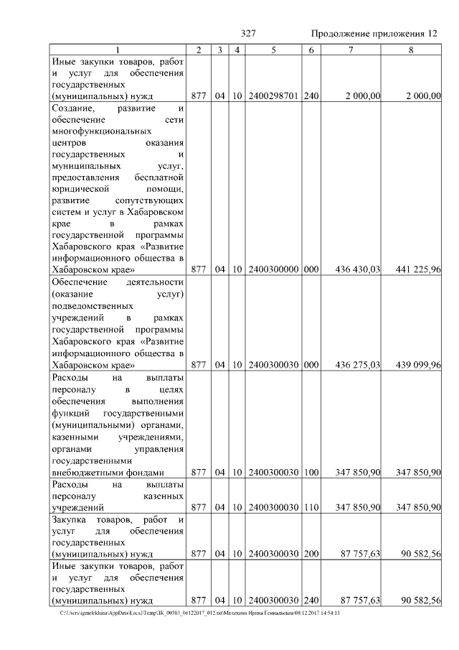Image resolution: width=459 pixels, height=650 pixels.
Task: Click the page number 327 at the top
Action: (249, 34)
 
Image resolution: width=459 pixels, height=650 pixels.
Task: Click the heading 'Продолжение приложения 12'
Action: (374, 34)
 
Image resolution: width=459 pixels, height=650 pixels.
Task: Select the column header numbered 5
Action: (273, 50)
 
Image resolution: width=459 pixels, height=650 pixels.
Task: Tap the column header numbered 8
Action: (410, 50)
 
